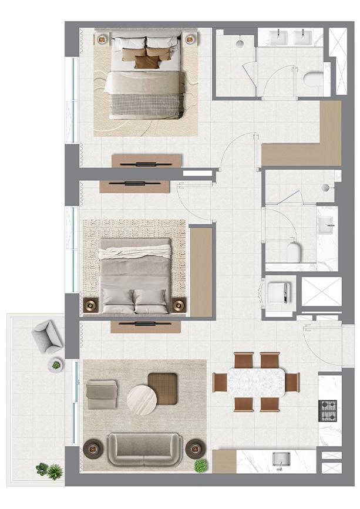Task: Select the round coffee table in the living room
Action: [142, 399]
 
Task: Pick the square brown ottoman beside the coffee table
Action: [163, 387]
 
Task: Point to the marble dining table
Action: [256, 382]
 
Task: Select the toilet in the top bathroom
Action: [314, 79]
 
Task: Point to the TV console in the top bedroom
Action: [146, 160]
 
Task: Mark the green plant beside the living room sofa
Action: [201, 465]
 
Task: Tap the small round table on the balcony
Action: [56, 365]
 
